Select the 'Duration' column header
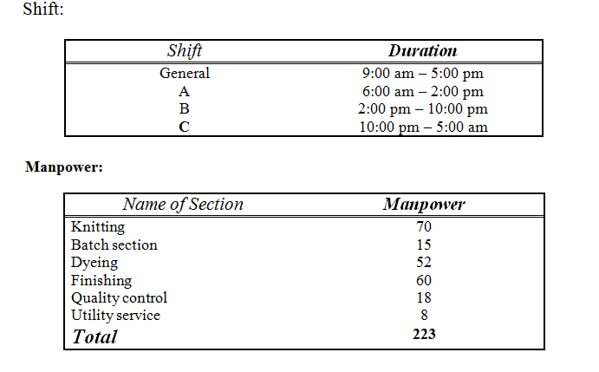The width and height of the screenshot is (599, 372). click(x=422, y=51)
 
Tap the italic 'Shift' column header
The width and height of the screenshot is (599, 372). click(x=185, y=51)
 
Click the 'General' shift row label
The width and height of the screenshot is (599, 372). click(x=185, y=74)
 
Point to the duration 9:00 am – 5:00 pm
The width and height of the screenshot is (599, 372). click(x=422, y=74)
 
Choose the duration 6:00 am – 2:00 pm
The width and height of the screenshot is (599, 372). click(x=422, y=91)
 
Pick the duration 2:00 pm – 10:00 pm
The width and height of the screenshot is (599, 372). click(x=422, y=109)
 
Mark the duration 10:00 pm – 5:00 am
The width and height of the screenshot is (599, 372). click(x=422, y=127)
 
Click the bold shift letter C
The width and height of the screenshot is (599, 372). click(x=185, y=127)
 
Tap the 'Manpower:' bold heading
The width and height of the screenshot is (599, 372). click(x=64, y=167)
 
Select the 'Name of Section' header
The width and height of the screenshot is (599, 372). click(x=183, y=205)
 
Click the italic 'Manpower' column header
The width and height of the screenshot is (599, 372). click(x=423, y=205)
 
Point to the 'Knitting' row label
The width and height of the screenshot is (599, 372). click(x=98, y=227)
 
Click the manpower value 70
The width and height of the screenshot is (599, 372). click(x=423, y=227)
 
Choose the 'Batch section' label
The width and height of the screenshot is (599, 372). click(x=114, y=245)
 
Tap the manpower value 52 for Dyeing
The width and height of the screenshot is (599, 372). click(x=423, y=263)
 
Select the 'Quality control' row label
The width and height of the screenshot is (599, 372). click(x=119, y=298)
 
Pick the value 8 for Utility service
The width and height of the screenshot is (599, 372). click(x=423, y=316)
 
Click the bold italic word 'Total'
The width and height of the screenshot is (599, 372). click(x=94, y=336)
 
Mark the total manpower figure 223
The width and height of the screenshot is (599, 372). click(x=423, y=334)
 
